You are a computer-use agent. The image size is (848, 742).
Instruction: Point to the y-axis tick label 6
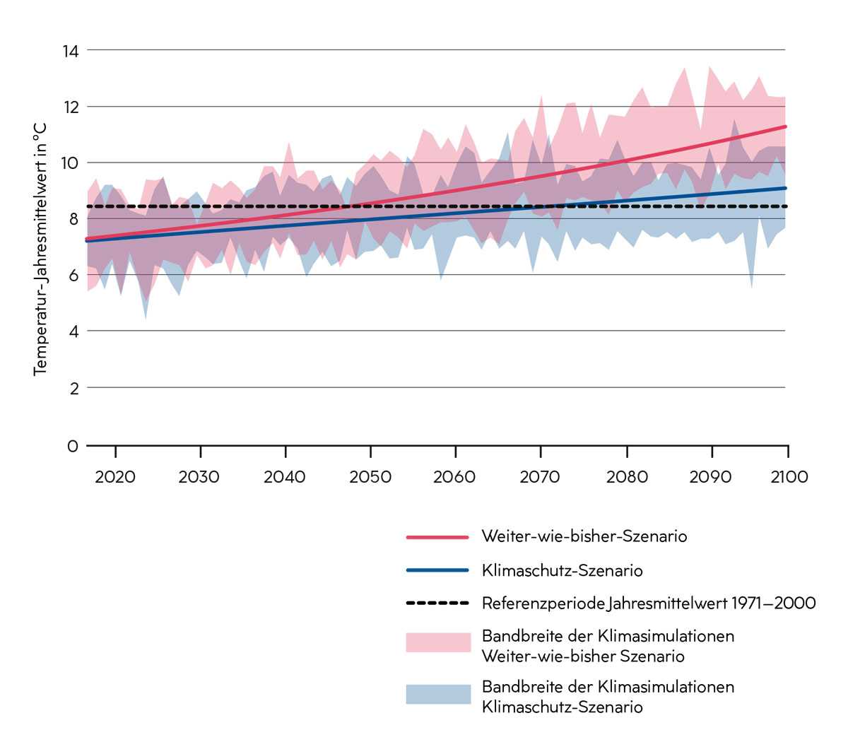[73, 275]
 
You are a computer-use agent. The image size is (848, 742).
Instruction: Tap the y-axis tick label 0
[73, 447]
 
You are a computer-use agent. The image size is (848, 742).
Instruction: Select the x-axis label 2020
[115, 477]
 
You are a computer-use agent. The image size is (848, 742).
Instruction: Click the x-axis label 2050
[370, 477]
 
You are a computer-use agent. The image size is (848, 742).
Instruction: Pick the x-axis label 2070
[541, 477]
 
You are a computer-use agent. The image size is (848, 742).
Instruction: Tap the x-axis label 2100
[789, 477]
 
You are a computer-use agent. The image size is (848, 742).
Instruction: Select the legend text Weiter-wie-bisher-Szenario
[584, 536]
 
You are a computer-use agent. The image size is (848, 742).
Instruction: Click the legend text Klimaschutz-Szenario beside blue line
[562, 570]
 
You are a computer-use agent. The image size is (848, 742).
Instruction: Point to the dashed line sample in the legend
[437, 603]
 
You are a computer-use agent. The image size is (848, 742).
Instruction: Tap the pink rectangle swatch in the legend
[438, 642]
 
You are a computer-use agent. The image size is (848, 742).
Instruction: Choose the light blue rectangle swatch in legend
[438, 694]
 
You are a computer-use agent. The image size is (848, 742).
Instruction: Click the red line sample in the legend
[437, 538]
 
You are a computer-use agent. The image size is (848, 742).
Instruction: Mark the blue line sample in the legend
[437, 570]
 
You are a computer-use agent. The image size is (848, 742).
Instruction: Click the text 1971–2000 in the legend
[774, 603]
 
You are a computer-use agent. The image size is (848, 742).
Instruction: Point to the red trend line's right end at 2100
[785, 126]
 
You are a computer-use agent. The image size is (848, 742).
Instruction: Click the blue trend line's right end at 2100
[785, 188]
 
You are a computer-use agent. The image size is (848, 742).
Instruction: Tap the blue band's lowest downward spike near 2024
[146, 318]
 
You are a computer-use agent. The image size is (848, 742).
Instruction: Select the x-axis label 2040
[285, 477]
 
